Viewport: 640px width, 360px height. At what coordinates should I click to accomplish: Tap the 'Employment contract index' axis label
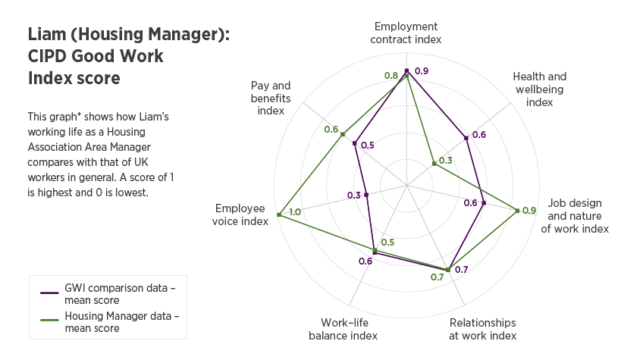(x=406, y=33)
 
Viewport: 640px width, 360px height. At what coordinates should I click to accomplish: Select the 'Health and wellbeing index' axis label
(x=539, y=89)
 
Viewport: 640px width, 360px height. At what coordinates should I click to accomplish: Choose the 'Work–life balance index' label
(x=343, y=329)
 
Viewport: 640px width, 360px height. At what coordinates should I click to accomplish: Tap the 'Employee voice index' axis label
(x=241, y=214)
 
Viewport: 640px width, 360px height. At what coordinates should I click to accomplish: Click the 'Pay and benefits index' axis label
(x=271, y=98)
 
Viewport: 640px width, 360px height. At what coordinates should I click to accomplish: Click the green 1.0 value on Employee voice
(x=295, y=212)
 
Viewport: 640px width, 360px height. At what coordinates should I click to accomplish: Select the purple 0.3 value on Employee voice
(x=354, y=196)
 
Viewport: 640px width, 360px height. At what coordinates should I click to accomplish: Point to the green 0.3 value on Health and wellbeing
(x=445, y=160)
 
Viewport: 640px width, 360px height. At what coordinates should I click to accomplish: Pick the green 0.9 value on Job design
(x=530, y=210)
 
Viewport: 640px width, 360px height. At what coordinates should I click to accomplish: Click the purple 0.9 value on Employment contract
(x=422, y=71)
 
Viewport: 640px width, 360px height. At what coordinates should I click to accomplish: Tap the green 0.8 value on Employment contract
(x=391, y=76)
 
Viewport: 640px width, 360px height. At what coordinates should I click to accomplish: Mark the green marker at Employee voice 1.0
(x=279, y=215)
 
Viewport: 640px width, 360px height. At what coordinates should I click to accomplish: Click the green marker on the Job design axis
(x=518, y=211)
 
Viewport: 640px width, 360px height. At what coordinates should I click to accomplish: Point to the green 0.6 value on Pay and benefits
(x=331, y=130)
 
